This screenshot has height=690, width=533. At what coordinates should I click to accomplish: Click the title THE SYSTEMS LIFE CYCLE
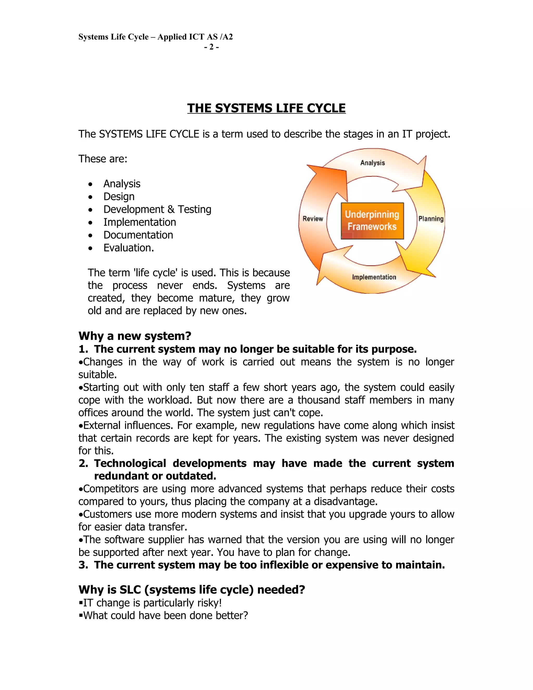(266, 108)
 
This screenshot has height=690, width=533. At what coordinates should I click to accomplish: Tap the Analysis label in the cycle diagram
(373, 163)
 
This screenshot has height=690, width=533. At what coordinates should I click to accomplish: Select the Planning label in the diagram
(431, 219)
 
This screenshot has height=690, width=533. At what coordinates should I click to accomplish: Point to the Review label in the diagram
(313, 219)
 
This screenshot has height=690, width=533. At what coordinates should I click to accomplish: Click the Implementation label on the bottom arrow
(374, 277)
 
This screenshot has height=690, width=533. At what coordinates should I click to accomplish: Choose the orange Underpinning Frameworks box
(372, 221)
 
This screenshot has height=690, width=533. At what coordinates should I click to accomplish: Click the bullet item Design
(119, 197)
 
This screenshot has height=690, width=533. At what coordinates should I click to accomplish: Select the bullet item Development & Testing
(157, 209)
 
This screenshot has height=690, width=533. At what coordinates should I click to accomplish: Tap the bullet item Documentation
(138, 235)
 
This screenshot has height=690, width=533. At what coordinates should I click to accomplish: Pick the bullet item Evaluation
(129, 248)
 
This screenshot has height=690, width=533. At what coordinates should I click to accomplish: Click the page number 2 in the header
(211, 47)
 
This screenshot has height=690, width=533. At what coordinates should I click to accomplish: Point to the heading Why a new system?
(135, 336)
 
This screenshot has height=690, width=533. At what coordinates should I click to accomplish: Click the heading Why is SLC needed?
(192, 589)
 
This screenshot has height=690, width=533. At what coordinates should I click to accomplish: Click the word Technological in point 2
(130, 463)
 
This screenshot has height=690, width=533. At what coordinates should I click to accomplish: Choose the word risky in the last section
(209, 603)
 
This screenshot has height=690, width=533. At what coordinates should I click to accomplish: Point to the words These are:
(103, 159)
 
